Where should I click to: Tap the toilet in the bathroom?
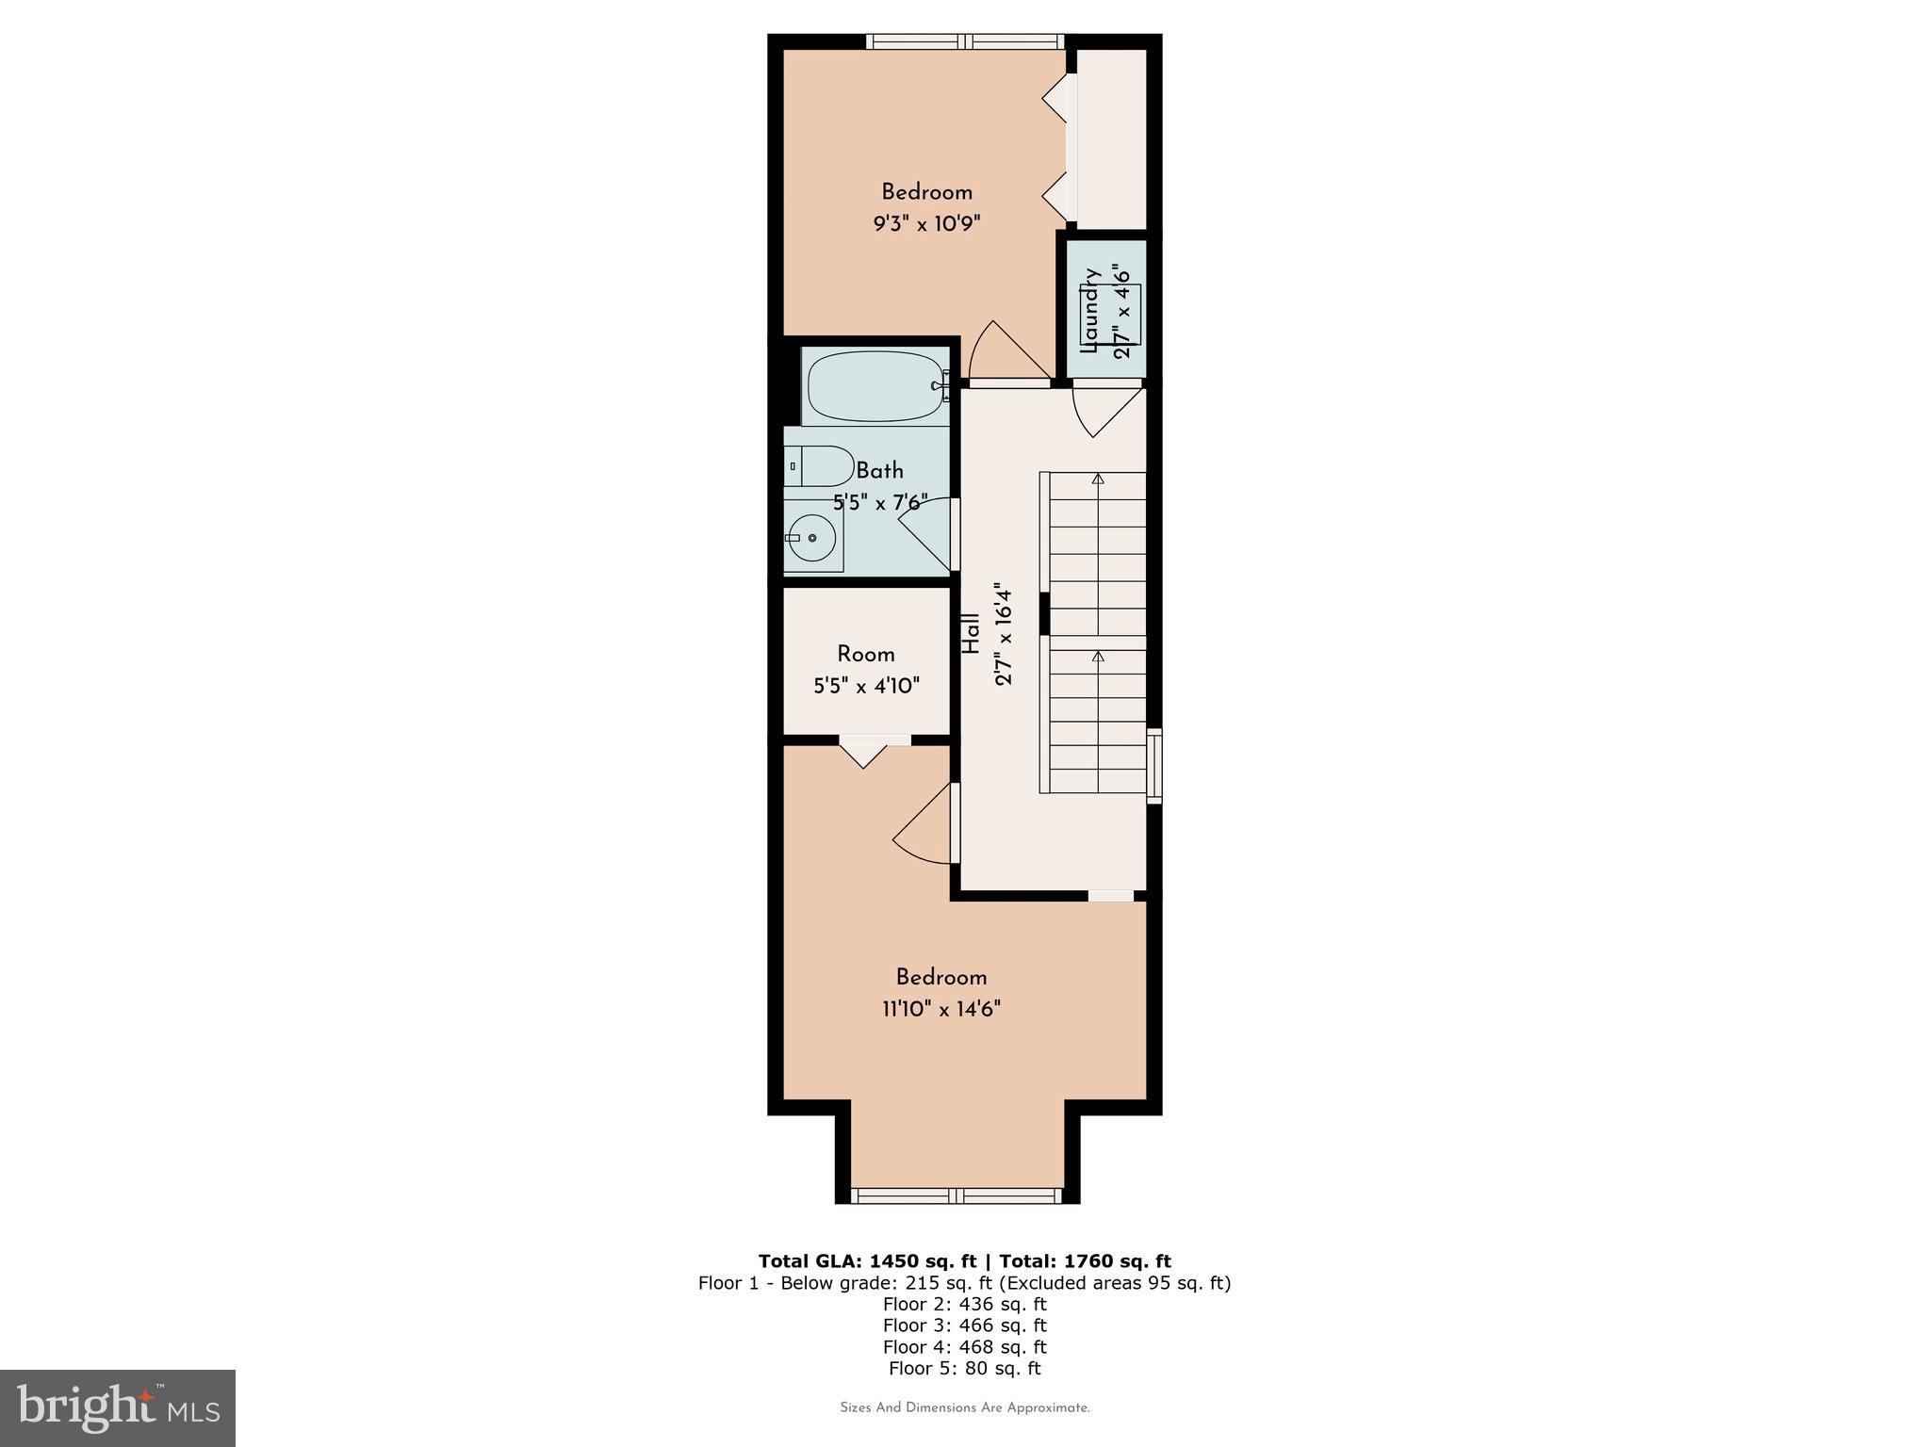coord(819,465)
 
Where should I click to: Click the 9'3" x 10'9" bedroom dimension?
coord(926,224)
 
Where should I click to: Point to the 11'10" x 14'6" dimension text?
coord(940,1010)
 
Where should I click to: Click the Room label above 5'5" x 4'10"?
coord(865,654)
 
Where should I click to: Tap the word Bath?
coord(879,471)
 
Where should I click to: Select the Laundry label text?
coord(1091,311)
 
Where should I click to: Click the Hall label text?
coord(971,633)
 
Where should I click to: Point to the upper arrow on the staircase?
coord(1098,480)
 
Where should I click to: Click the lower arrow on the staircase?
coord(1098,656)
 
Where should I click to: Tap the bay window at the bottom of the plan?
coord(957,1195)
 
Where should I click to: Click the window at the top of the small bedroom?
coord(964,41)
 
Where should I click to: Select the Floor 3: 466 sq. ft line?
coord(964,1325)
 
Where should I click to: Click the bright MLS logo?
coord(118,1407)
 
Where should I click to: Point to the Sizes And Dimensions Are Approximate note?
coord(964,1407)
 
